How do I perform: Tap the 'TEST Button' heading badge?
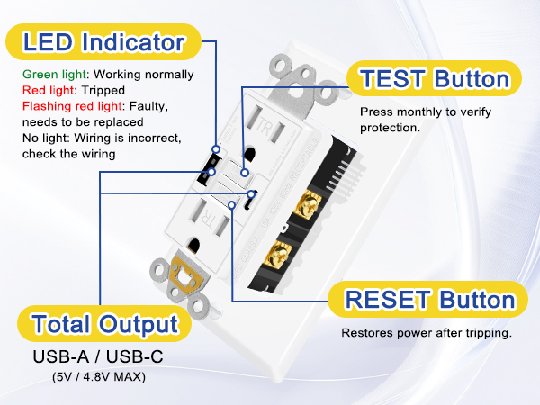point(435,79)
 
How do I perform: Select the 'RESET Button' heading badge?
point(427,301)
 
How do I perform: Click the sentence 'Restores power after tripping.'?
point(427,333)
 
